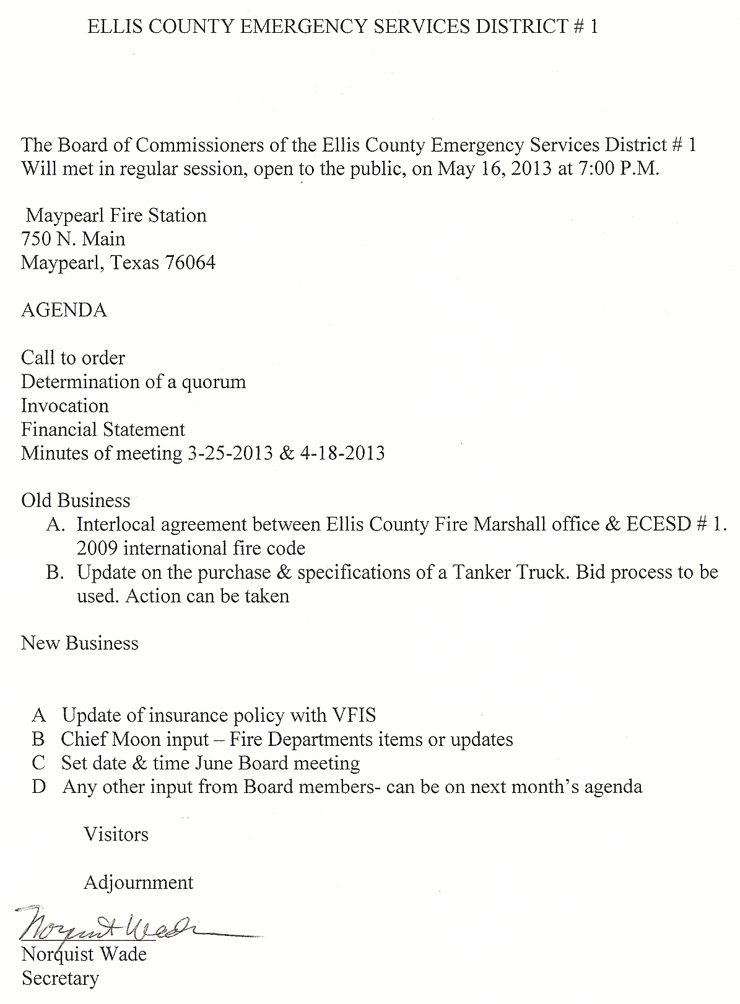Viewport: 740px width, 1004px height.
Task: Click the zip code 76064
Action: (190, 263)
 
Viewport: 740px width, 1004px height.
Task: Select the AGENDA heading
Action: (64, 310)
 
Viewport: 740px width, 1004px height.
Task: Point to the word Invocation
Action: (65, 406)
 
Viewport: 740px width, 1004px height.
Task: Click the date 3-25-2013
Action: (228, 454)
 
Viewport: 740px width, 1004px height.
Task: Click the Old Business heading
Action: (76, 501)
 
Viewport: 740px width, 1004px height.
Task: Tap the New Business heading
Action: (80, 644)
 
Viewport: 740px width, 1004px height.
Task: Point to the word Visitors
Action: (116, 835)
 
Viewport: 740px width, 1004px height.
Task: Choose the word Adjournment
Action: (139, 883)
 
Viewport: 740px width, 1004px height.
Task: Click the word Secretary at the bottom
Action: (60, 979)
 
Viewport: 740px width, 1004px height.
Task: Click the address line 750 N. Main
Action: (73, 239)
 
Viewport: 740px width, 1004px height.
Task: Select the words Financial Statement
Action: (103, 430)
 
